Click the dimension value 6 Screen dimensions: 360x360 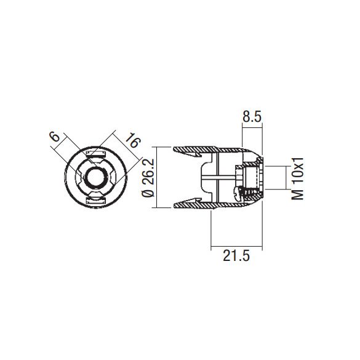tap(55, 137)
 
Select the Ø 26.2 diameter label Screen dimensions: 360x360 tap(147, 177)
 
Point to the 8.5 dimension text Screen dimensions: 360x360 tap(252, 115)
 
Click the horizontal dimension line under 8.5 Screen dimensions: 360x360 tap(252, 126)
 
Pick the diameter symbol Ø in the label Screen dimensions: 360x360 tap(147, 194)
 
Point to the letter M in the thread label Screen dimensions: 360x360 tap(298, 193)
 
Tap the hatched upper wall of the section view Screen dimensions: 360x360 tap(209, 150)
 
